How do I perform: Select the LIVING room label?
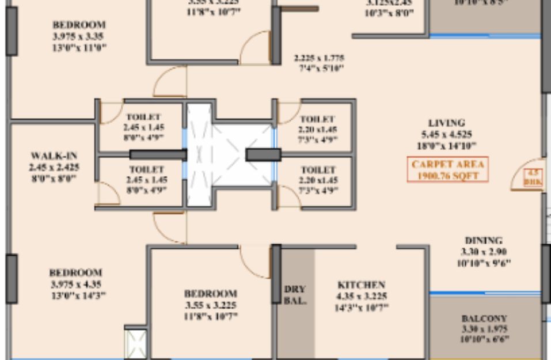[446, 123]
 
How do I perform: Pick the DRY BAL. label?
[295, 294]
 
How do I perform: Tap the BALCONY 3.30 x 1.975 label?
[484, 318]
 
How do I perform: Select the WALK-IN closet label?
[54, 156]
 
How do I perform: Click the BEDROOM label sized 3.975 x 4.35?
[75, 272]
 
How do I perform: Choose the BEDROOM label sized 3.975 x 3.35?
[79, 25]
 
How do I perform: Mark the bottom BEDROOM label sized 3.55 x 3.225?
[210, 293]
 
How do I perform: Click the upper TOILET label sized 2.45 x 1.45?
[143, 117]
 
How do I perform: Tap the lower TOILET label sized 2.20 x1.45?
[318, 170]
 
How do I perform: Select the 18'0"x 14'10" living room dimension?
[446, 146]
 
